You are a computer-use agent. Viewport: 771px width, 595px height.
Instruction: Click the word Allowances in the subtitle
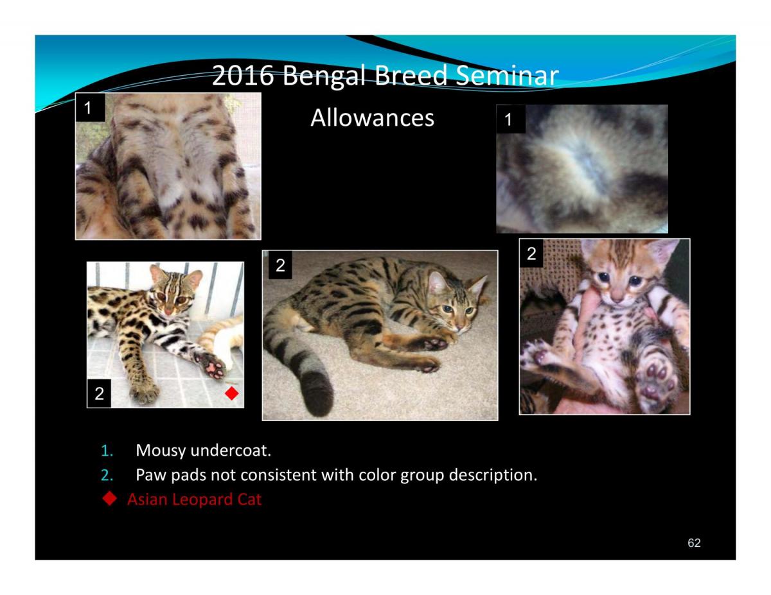coord(372,117)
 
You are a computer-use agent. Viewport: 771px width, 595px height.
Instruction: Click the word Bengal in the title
coord(324,76)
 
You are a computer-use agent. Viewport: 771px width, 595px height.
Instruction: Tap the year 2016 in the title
coord(243,76)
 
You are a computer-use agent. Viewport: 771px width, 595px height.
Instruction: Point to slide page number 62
coord(694,542)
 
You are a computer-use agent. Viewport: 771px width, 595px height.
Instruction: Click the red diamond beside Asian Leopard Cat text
coord(110,499)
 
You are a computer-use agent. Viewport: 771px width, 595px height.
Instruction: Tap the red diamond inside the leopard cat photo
coord(232,393)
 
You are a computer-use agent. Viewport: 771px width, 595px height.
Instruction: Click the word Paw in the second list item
coord(151,475)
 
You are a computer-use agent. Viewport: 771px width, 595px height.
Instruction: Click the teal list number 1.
coord(107,451)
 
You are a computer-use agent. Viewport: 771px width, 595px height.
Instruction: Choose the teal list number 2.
coord(107,475)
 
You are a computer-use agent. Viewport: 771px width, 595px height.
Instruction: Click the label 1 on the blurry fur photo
coord(510,119)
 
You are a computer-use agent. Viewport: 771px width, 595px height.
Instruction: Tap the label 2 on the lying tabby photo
coord(280,265)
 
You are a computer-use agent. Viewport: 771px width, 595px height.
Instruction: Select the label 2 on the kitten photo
coord(531,254)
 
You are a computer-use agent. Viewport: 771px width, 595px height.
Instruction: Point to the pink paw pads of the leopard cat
coord(212,366)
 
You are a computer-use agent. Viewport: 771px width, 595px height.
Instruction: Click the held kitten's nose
coord(617,298)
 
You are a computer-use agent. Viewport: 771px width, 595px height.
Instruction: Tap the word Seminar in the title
coord(507,76)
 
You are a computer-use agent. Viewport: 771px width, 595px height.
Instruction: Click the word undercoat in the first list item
coord(231,451)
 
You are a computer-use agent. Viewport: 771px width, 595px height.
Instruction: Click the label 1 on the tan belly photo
coord(90,107)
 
